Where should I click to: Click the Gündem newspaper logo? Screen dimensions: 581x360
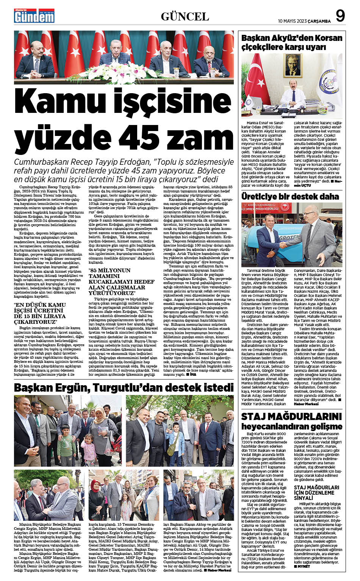pyautogui.click(x=34, y=16)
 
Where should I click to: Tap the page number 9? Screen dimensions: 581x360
pyautogui.click(x=340, y=16)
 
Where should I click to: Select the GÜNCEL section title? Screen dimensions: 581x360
pyautogui.click(x=185, y=17)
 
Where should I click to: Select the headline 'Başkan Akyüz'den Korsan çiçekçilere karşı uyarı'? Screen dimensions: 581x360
pyautogui.click(x=292, y=42)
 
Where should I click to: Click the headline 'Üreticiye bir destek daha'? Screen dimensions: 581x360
pyautogui.click(x=290, y=196)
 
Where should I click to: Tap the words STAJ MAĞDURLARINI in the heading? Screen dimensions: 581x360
pyautogui.click(x=291, y=416)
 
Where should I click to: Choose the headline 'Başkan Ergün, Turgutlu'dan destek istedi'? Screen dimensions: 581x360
pyautogui.click(x=124, y=387)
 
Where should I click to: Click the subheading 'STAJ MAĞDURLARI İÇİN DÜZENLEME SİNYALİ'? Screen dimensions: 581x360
pyautogui.click(x=316, y=492)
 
